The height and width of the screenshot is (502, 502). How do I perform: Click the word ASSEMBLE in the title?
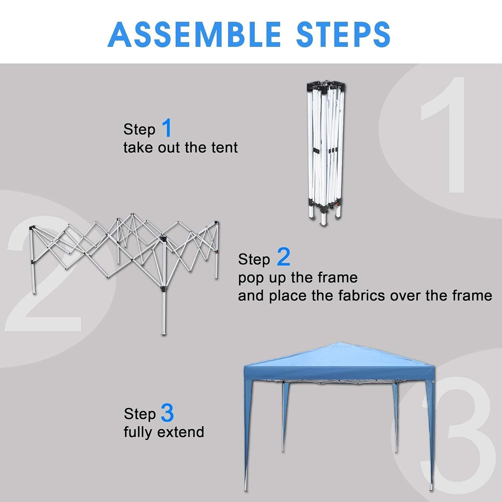194,34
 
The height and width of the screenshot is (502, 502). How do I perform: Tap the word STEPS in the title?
344,34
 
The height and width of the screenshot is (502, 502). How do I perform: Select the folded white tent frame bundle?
326,152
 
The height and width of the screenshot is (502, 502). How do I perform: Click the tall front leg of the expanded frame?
163,286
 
